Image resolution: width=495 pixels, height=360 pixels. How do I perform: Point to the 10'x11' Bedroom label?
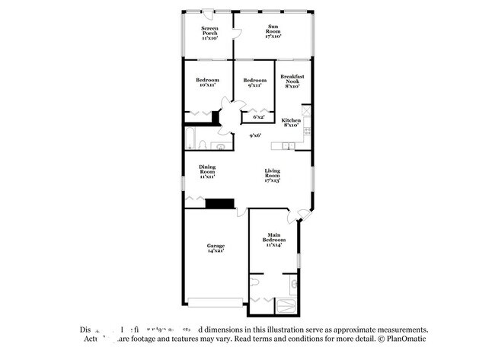tap(207, 83)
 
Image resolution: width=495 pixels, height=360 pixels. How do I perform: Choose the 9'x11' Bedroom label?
tap(254, 83)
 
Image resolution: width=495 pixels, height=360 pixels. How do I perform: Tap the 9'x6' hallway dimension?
tap(256, 135)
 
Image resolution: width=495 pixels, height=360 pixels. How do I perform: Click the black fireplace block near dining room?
tap(219, 203)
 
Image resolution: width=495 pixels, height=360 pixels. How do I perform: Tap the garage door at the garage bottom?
tap(216, 302)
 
